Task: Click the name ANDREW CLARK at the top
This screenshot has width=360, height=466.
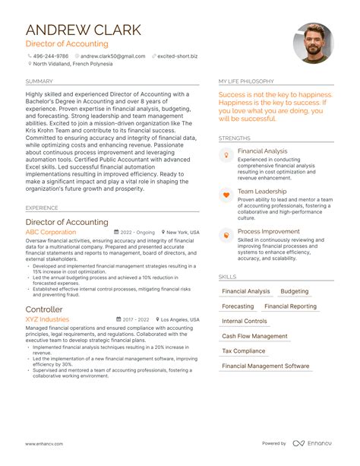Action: pos(83,30)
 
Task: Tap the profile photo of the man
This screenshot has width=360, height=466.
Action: pos(313,43)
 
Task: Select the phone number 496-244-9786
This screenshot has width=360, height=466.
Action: pos(50,55)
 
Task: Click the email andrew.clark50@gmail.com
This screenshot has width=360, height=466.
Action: pos(112,55)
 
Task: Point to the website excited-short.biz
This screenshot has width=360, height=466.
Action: pos(177,55)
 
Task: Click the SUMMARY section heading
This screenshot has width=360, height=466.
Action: pos(39,81)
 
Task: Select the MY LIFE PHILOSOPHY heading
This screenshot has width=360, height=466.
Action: pos(248,81)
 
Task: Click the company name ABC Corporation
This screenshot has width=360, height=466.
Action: pos(51,232)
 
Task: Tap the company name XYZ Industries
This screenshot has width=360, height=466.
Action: pos(47,320)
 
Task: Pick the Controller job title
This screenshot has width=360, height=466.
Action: pos(44,309)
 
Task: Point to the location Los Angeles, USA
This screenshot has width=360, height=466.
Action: pos(180,320)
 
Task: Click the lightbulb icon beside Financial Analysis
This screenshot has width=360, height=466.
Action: pos(226,154)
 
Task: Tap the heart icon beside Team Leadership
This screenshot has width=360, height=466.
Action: pos(226,195)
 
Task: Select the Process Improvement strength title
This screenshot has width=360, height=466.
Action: pos(267,231)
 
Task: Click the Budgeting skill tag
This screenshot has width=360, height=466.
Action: pos(295,292)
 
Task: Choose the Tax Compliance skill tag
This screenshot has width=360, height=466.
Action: pos(244,351)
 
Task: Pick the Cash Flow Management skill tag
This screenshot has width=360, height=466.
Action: pos(254,336)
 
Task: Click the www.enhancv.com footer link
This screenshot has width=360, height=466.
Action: pos(43,443)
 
